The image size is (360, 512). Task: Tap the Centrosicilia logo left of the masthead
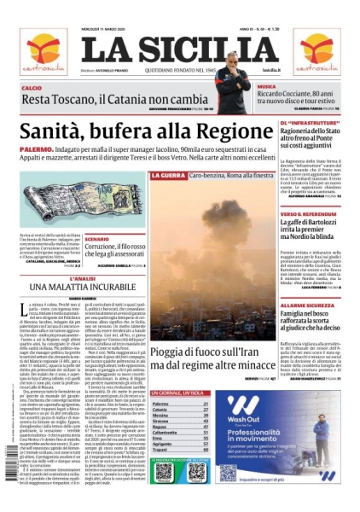click(43, 52)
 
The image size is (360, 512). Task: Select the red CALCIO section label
click(32, 88)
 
